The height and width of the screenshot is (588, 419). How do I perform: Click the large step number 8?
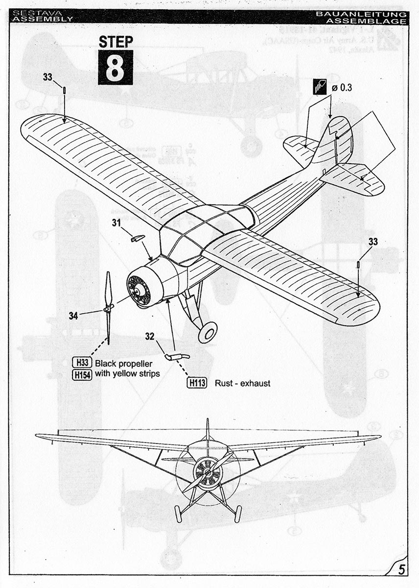115,67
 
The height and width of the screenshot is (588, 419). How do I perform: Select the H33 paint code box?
82,364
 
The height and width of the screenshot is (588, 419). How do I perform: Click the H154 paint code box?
82,374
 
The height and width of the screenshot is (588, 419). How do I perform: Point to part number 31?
116,222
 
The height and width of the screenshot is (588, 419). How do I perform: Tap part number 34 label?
73,316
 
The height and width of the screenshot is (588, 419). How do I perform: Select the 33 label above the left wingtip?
47,76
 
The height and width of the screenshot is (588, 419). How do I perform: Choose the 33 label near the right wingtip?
373,242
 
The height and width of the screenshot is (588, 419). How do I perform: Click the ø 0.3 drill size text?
342,88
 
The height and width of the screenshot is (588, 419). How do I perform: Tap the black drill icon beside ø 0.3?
320,88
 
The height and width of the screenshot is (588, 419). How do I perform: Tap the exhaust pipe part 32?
177,357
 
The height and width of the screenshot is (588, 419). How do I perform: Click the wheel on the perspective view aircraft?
208,332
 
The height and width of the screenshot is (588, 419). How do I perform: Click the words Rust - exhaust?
242,383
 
